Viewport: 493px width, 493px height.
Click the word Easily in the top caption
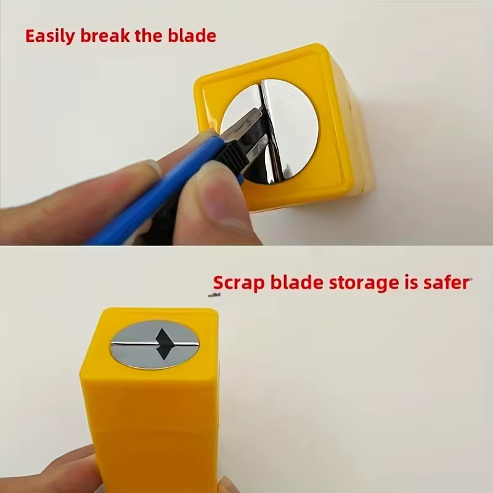[x=50, y=36]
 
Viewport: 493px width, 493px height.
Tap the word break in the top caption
[x=105, y=35]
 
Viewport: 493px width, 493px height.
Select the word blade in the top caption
[x=192, y=35]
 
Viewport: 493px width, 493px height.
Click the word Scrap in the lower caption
[x=238, y=283]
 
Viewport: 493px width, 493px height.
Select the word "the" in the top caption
[x=149, y=35]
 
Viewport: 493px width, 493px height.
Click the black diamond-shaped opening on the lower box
[x=163, y=344]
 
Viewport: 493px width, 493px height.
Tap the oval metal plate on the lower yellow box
[x=155, y=344]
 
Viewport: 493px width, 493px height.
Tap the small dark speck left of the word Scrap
[x=214, y=295]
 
